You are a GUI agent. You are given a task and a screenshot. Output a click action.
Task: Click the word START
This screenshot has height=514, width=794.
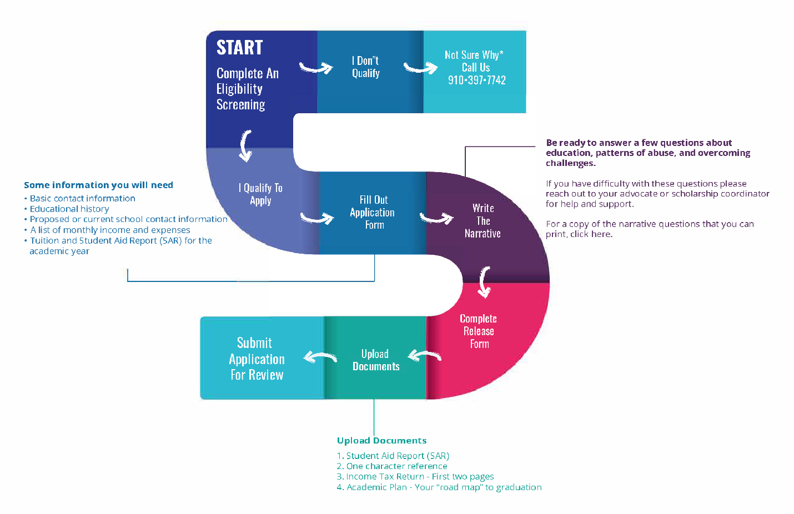[x=239, y=48]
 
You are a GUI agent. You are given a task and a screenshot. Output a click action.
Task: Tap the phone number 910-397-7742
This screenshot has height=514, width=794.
[x=476, y=80]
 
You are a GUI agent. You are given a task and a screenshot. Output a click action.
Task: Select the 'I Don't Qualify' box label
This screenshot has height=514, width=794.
[x=365, y=67]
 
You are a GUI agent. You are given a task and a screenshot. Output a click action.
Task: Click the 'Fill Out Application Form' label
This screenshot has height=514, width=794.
[x=373, y=212]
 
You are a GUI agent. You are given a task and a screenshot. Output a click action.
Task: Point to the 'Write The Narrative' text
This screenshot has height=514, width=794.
[x=483, y=220]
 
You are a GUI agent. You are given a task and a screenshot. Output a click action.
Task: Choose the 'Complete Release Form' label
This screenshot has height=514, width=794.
[x=478, y=331]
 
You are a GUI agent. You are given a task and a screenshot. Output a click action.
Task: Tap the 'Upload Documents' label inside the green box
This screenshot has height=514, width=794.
[x=376, y=360]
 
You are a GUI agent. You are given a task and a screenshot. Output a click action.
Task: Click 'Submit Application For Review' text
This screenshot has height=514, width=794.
[x=257, y=359]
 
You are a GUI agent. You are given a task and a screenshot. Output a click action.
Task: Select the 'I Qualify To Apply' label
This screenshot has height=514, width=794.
[x=260, y=194]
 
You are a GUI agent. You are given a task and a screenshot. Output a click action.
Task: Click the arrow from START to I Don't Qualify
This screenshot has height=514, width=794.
[x=316, y=68]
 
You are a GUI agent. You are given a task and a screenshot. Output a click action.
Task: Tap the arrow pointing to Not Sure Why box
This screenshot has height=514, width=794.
[x=420, y=68]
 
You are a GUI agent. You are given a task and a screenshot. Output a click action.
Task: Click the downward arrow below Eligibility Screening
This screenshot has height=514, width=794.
[x=245, y=146]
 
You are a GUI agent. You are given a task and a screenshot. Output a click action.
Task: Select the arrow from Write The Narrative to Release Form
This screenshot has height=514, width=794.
[x=484, y=281]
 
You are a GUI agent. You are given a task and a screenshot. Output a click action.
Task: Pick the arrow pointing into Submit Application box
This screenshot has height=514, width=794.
[x=320, y=357]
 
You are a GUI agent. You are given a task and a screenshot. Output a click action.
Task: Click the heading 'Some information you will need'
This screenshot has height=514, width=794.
[x=98, y=185]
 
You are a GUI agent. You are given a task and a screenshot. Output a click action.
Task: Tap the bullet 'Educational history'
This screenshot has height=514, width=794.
[x=69, y=209]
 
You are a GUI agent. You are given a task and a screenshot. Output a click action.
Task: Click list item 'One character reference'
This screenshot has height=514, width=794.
[x=396, y=466]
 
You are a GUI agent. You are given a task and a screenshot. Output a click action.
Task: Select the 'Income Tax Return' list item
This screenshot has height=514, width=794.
[x=419, y=476]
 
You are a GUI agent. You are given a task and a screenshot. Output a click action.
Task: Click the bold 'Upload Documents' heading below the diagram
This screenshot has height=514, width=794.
[x=381, y=440]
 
